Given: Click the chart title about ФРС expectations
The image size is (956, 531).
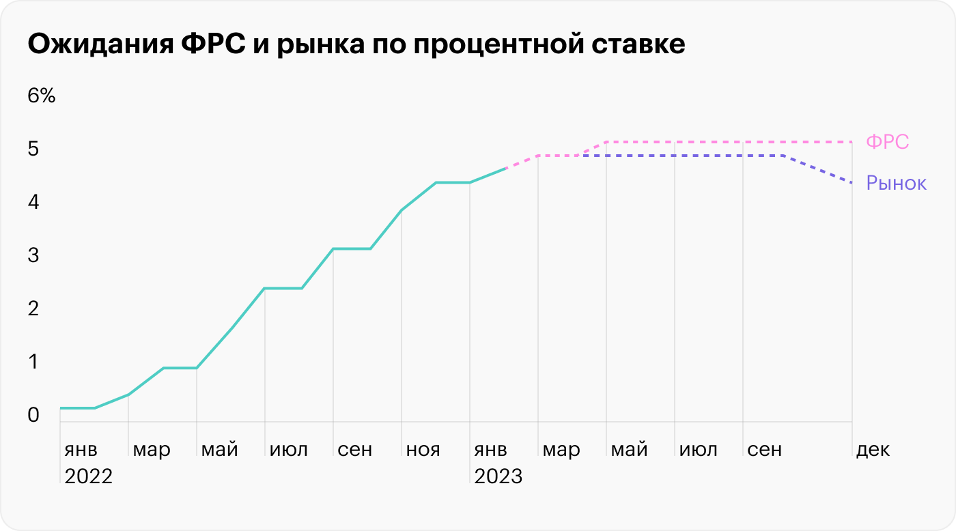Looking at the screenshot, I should (356, 45).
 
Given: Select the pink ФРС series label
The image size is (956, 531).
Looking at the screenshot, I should (887, 142).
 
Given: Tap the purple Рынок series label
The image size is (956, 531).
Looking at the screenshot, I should (896, 183).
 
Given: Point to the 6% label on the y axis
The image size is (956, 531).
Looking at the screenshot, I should (41, 96).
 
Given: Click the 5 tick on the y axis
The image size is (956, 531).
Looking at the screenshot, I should (33, 149).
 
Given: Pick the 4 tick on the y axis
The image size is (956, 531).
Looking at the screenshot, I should (33, 202).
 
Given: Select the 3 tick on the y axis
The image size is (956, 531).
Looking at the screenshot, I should (33, 255).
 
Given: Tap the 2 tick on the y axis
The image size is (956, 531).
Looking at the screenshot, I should (33, 308).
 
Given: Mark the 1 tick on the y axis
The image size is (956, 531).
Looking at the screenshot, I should (33, 362).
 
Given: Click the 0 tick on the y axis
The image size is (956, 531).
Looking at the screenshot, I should (33, 415).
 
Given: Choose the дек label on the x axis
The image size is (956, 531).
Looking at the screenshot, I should (873, 450).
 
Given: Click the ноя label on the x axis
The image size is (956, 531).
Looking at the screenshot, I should (423, 450).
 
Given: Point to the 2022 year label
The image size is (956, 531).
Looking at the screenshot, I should (88, 476).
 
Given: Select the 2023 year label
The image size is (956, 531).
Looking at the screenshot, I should (498, 476).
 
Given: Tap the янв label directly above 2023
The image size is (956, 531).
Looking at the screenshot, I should (490, 450).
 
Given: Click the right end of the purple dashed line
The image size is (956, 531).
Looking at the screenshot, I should (852, 183).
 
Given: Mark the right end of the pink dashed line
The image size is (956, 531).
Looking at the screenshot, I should (852, 142).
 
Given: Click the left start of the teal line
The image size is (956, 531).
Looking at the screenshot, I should (61, 408).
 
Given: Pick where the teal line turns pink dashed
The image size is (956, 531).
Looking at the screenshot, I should (505, 168).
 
